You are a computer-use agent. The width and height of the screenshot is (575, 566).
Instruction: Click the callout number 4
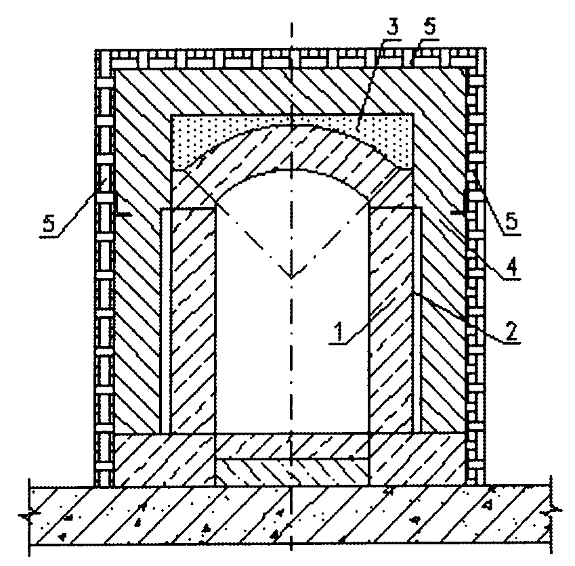(x=512, y=267)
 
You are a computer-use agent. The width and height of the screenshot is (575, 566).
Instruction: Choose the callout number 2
(x=511, y=330)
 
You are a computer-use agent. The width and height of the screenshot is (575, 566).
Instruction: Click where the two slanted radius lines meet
(x=291, y=278)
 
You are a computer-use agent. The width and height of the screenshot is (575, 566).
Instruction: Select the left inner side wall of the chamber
(x=193, y=321)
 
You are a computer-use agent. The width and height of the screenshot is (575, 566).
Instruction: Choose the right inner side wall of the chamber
(x=391, y=321)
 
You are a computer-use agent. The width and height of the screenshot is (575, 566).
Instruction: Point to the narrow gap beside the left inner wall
(x=166, y=321)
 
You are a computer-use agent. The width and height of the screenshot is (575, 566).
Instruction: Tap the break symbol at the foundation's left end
(x=28, y=516)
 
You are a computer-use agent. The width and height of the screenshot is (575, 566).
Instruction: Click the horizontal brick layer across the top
(x=291, y=58)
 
